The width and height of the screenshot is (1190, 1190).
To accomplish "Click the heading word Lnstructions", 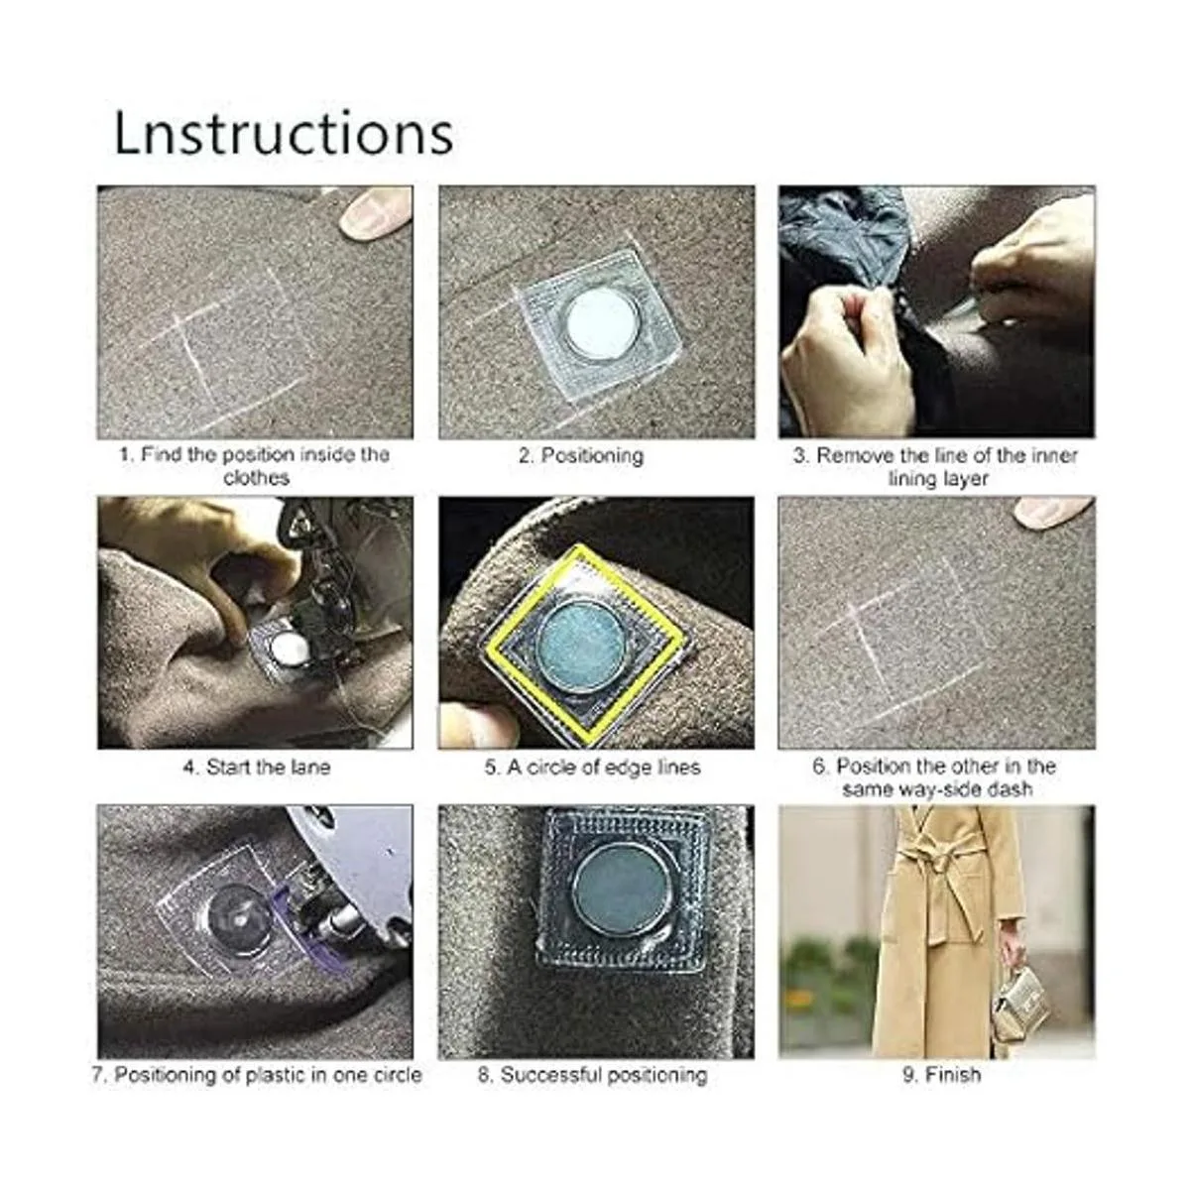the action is [x=284, y=134].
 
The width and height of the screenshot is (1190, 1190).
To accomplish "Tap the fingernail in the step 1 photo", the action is [x=374, y=211].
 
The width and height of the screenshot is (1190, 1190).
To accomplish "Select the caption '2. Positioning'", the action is [x=581, y=456].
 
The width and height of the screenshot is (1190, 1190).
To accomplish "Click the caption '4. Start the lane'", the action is [x=257, y=767].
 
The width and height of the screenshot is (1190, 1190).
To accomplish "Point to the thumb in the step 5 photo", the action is [x=479, y=725].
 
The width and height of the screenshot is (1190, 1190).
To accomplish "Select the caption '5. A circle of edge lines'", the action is [x=592, y=767].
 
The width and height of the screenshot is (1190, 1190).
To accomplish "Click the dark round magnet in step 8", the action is [x=621, y=892].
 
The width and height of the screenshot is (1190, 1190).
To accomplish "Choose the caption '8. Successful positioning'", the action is [x=592, y=1075].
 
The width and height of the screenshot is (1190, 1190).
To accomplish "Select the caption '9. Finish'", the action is [x=941, y=1075].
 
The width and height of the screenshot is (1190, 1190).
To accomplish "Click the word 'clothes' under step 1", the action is [x=256, y=477].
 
